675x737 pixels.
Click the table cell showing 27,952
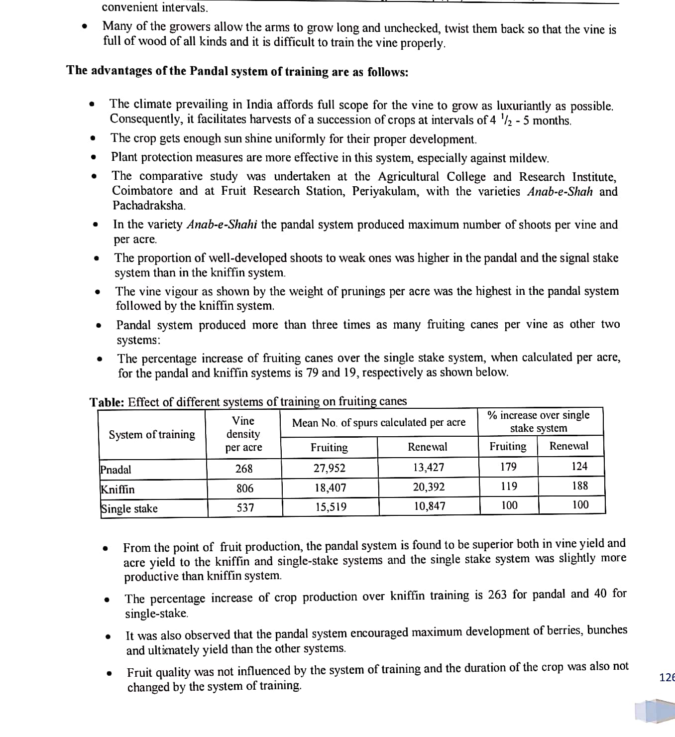(329, 468)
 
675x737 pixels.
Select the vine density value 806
(244, 489)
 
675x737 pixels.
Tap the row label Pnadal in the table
(116, 470)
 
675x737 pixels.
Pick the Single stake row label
(129, 508)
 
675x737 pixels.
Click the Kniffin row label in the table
(117, 489)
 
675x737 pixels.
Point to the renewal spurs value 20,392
(429, 487)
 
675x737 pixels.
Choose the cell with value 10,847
(430, 506)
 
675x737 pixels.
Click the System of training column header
(152, 435)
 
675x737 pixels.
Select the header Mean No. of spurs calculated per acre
(379, 423)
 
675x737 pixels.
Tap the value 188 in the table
(579, 486)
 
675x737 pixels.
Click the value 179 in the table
(508, 467)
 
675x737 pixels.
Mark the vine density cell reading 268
(244, 469)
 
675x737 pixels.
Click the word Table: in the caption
(107, 402)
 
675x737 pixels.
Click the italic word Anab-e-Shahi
(222, 225)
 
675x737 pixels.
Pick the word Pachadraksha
(148, 205)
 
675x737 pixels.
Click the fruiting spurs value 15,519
(331, 507)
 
